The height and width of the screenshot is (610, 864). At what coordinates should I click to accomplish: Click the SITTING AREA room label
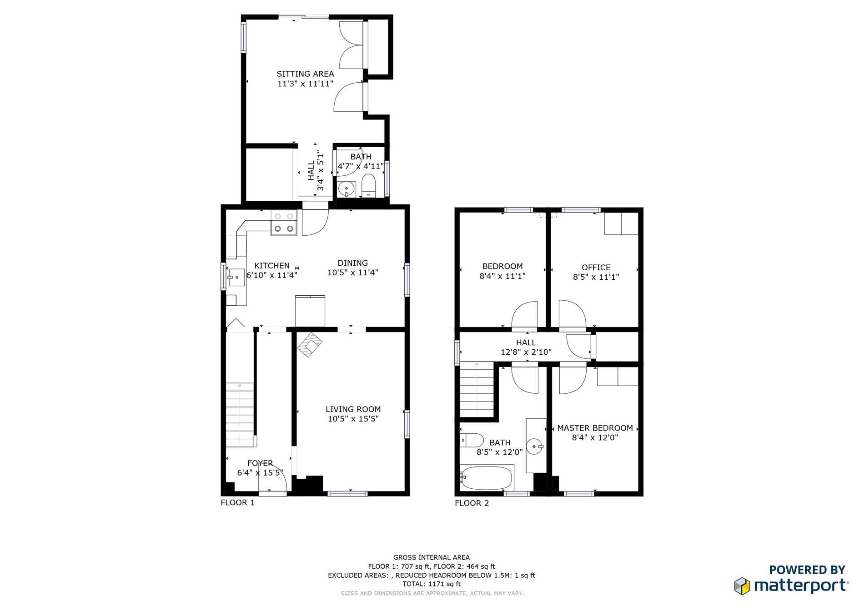[305, 74]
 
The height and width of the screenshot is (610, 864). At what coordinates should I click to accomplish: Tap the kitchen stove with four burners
[284, 223]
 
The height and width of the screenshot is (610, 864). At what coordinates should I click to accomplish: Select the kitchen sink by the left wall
[236, 277]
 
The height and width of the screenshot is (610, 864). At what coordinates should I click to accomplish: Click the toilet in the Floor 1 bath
[368, 186]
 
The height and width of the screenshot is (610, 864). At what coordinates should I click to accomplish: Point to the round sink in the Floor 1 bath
[347, 188]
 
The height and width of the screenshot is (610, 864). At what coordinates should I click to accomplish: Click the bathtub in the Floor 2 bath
[486, 477]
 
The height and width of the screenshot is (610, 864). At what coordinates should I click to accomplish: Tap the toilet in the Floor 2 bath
[472, 440]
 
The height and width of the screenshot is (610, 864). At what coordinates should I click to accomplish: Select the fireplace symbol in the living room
[310, 345]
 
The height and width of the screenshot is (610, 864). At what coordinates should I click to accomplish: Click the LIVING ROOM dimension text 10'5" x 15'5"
[353, 419]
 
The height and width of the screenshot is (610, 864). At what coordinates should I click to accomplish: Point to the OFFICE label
[596, 268]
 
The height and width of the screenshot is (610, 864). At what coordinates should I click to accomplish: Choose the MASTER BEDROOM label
[595, 428]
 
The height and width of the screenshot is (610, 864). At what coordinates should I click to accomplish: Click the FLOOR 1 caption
[237, 502]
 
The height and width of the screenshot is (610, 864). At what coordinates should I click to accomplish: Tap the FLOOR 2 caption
[472, 503]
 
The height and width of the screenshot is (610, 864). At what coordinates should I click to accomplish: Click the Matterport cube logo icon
[742, 586]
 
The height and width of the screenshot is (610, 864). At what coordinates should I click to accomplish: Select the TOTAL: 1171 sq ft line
[432, 584]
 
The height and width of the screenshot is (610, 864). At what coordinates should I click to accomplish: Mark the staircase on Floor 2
[477, 389]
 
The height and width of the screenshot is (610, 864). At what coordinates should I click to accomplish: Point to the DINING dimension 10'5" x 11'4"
[353, 273]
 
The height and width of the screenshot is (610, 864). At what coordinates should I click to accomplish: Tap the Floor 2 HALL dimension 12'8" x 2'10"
[526, 352]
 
